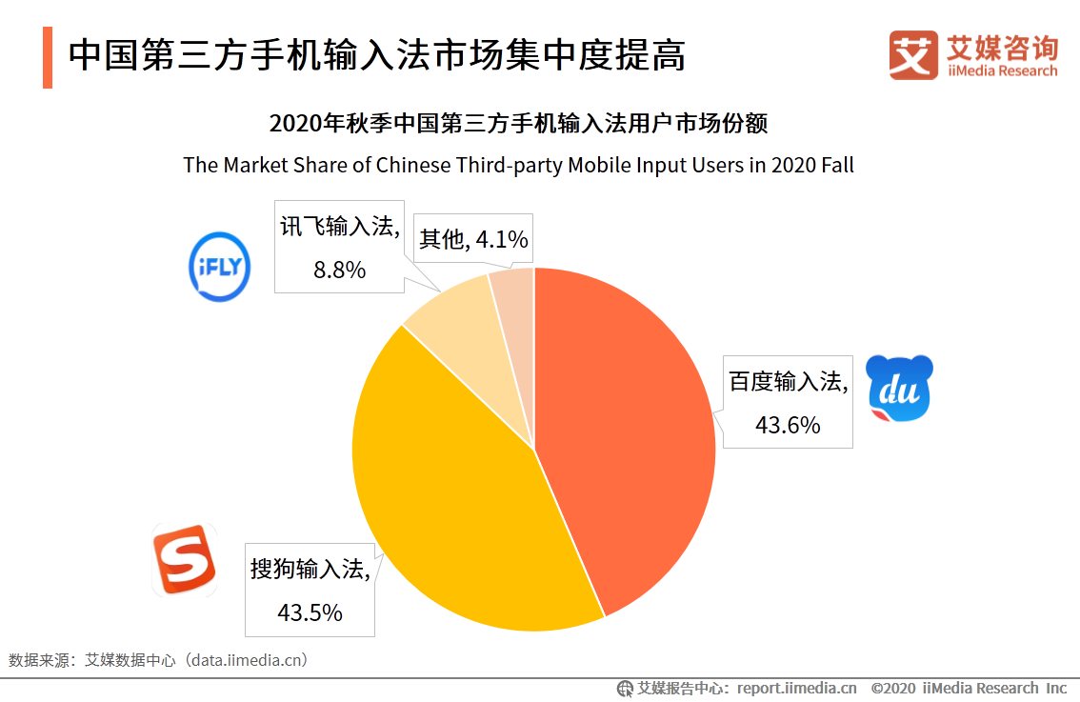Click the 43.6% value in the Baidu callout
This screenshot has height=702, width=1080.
coord(788,425)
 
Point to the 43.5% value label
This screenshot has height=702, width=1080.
coord(310,612)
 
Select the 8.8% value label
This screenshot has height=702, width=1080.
coord(339,270)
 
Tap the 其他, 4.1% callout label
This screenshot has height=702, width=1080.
coord(473,239)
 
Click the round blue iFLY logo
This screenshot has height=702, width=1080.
coord(220,269)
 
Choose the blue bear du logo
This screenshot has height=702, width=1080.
coord(899,389)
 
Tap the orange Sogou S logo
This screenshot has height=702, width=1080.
coord(185,560)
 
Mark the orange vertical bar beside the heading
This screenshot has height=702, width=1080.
coord(47,57)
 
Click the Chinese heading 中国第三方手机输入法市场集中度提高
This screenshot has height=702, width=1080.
coord(377,55)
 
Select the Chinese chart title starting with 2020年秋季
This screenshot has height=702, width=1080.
coord(518,125)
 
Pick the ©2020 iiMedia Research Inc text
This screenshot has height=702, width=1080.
coord(968,688)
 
